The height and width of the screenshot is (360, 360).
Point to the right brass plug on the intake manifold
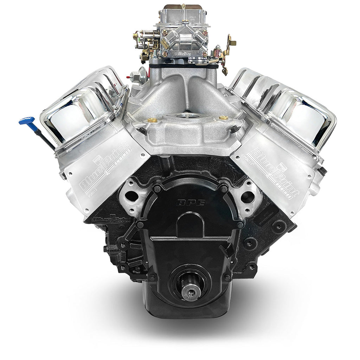pos(221,118)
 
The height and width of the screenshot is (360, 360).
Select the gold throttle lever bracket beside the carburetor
pos(230,44)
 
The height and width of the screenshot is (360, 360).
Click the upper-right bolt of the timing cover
pos(224,189)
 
